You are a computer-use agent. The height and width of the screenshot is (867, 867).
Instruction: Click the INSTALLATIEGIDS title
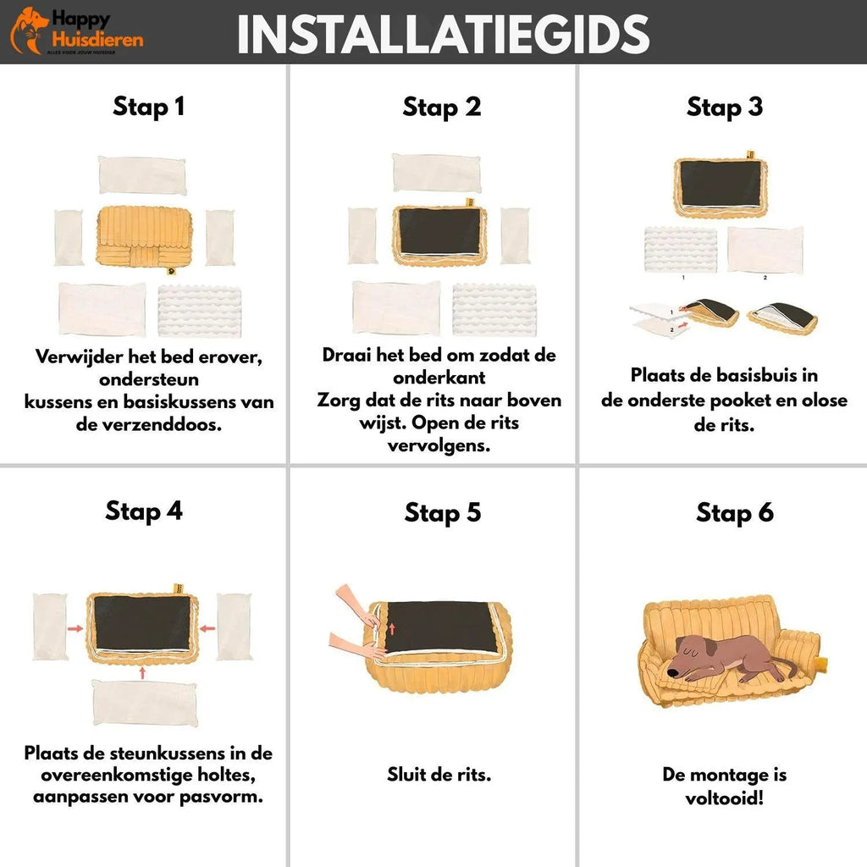443,34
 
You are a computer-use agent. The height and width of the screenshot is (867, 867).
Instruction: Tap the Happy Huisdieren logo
77,31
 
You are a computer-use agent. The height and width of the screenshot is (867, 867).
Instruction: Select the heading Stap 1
149,106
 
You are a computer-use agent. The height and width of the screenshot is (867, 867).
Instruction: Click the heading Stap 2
442,107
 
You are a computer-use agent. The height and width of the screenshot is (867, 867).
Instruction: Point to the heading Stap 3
725,107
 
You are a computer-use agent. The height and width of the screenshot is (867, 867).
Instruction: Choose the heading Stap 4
144,511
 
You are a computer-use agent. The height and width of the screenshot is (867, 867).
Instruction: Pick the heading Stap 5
442,512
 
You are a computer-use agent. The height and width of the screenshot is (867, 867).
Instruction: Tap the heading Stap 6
735,512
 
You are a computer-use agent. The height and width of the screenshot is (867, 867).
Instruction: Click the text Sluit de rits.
439,774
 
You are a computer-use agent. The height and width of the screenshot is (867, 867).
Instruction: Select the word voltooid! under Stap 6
725,798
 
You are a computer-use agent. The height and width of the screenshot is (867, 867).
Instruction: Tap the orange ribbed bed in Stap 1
144,237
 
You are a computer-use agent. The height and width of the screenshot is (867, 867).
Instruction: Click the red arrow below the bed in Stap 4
142,672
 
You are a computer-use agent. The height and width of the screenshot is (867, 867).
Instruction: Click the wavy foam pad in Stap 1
200,311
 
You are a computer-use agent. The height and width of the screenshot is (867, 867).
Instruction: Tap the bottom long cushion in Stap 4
144,703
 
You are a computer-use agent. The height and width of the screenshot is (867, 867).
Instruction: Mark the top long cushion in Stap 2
437,173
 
